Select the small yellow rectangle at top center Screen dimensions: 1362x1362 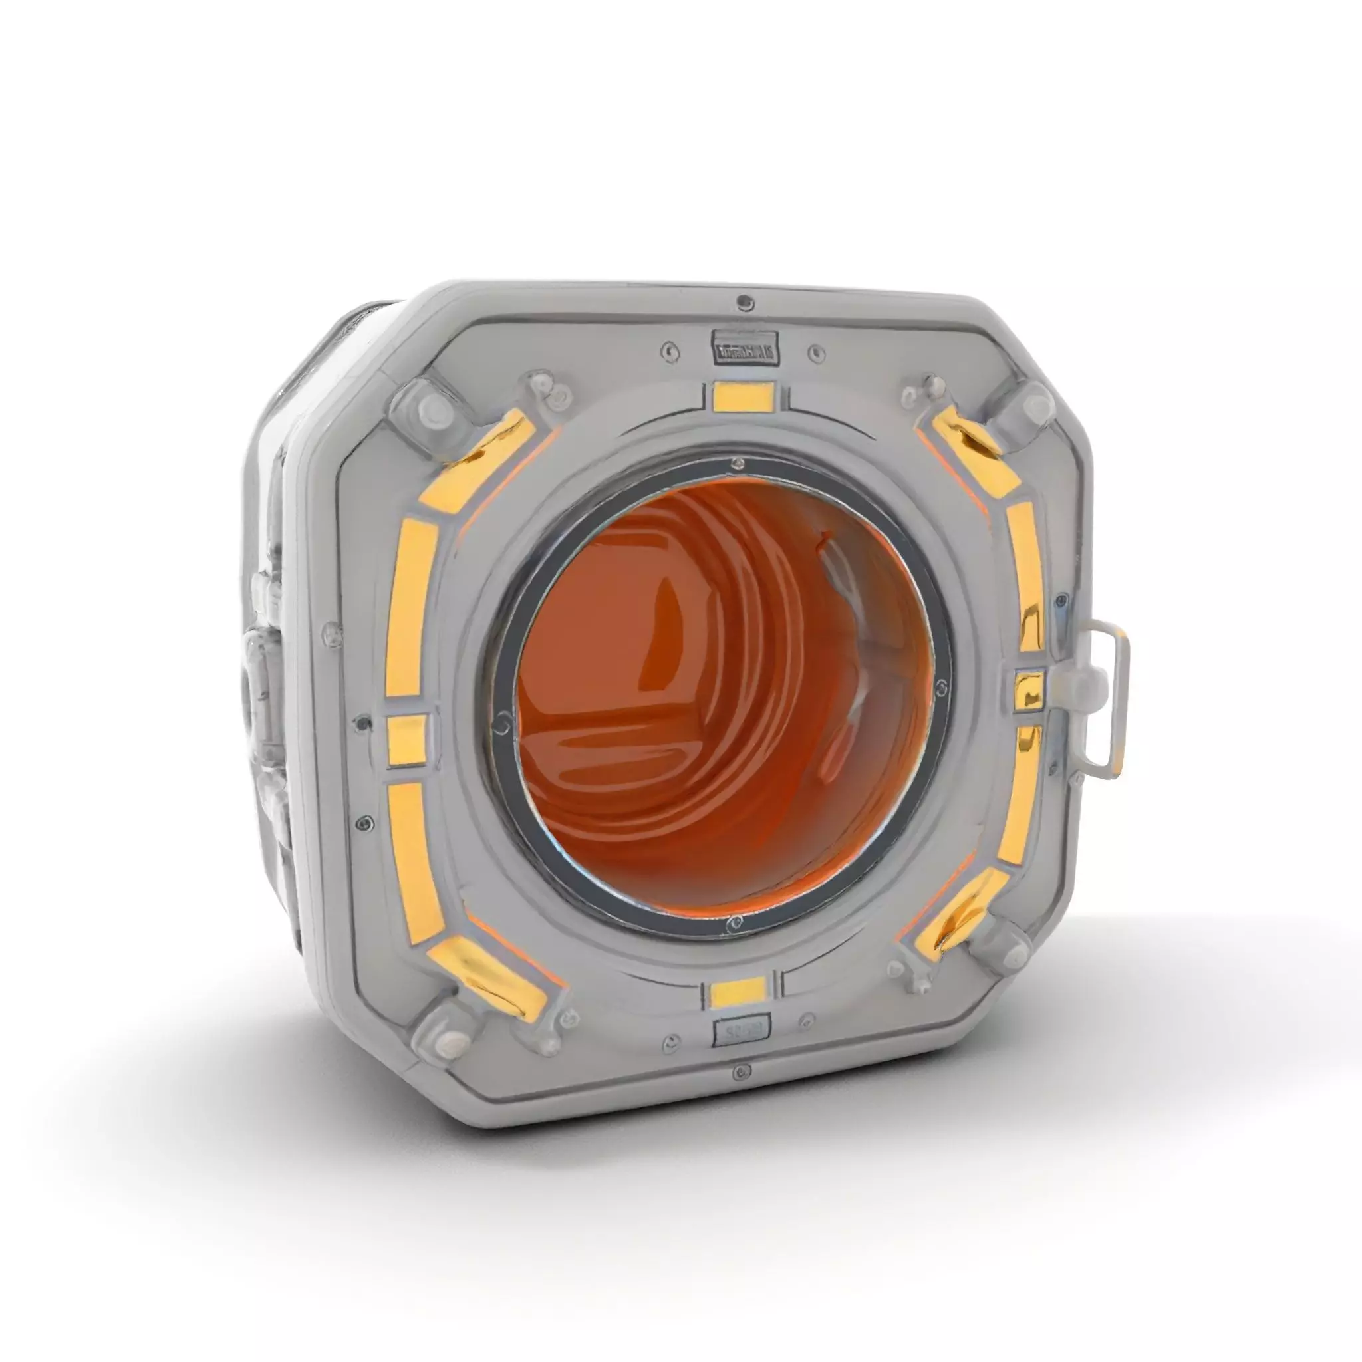pos(744,396)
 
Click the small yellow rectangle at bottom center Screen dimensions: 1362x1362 pos(738,993)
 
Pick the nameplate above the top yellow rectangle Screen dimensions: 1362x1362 pos(745,350)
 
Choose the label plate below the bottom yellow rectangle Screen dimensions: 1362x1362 pos(742,1032)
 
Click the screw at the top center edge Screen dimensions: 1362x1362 pos(742,303)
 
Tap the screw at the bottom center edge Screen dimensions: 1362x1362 pos(740,1072)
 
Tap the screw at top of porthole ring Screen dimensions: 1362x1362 pos(738,463)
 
